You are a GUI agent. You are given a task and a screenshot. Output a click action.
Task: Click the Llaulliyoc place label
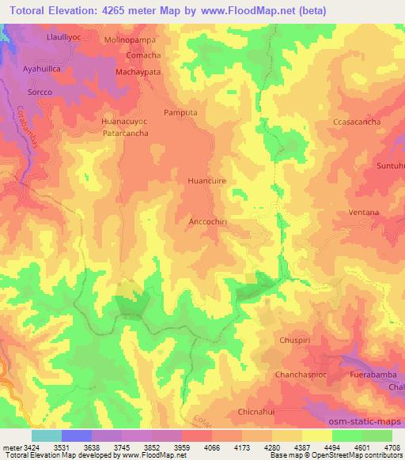tap(44, 37)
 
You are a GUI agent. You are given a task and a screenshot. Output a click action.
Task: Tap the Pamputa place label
tap(182, 113)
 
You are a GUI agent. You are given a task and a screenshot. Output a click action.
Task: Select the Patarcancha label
tap(126, 133)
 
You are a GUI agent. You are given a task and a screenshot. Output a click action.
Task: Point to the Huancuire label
tap(206, 181)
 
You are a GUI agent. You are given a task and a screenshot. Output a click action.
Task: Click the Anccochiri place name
tap(209, 221)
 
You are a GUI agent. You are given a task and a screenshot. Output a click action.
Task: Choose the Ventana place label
tap(363, 213)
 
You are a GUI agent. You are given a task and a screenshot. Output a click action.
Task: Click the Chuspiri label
tap(297, 340)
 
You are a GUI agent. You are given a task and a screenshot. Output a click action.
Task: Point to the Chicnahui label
tap(260, 413)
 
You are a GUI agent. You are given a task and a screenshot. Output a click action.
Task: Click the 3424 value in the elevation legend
tap(24, 447)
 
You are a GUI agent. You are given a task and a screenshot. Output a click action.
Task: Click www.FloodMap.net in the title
tap(244, 11)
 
